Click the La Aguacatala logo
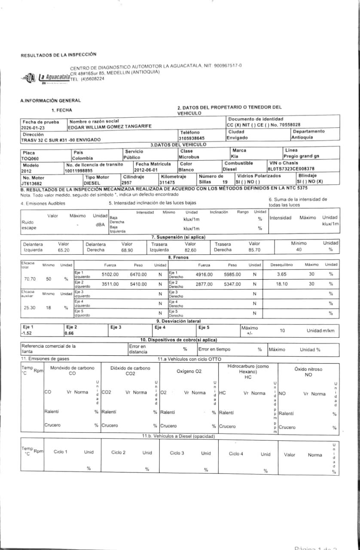click(x=45, y=78)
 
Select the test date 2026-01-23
click(x=34, y=128)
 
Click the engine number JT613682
click(x=32, y=183)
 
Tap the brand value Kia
click(x=235, y=157)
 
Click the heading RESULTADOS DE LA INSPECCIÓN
click(x=58, y=55)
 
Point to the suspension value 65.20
click(x=64, y=250)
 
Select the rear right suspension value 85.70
click(x=254, y=250)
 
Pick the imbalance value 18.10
click(x=281, y=284)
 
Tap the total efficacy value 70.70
click(x=30, y=279)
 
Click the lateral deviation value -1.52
click(x=27, y=333)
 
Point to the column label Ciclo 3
click(x=177, y=453)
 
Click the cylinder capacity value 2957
click(x=127, y=183)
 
